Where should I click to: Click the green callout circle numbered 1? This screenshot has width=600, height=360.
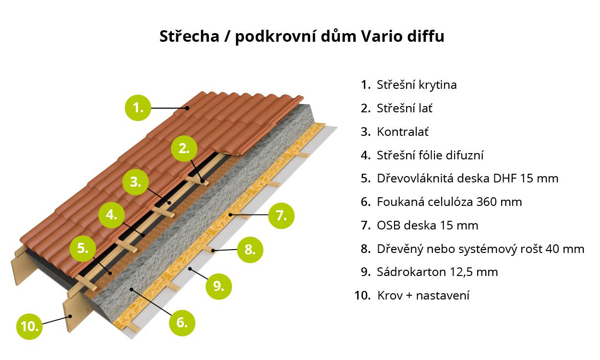(138, 108)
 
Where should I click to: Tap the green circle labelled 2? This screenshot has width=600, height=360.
(184, 149)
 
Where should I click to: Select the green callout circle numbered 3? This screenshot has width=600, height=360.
(135, 182)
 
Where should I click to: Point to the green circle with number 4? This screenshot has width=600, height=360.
(111, 215)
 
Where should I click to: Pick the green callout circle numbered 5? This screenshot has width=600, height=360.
(83, 249)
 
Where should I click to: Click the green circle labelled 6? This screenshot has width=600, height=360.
(182, 323)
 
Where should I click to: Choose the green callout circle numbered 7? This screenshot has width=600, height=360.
(281, 216)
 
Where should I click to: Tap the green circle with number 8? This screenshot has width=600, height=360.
(250, 250)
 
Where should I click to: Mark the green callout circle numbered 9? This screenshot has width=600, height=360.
(218, 287)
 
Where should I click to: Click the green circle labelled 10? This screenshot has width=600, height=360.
(29, 327)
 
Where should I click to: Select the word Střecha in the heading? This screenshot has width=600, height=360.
(190, 36)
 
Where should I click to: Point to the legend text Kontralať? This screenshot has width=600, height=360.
(403, 132)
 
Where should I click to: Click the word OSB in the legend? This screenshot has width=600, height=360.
(388, 226)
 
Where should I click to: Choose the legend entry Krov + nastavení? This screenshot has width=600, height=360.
(423, 296)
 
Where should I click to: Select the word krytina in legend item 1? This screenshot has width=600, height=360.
(437, 85)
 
